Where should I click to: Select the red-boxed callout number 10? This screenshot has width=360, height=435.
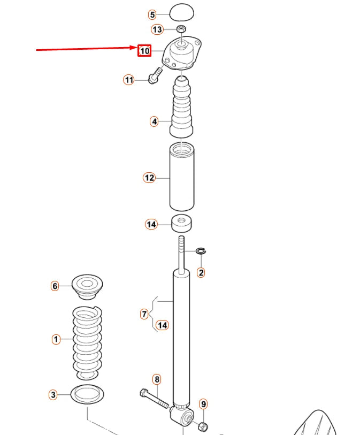point(144,51)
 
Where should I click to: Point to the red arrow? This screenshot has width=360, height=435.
point(86,49)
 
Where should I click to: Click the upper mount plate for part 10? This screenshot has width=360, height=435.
point(184,54)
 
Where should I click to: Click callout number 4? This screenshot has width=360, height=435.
point(154,122)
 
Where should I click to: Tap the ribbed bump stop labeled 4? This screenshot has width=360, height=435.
point(183,110)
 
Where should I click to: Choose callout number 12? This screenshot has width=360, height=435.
point(149,178)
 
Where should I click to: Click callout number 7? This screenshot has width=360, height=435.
point(144,314)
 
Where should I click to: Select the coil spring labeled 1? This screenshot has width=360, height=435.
point(87,339)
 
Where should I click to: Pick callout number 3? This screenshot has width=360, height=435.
point(52,395)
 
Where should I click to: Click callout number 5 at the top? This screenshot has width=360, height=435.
point(152,15)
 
